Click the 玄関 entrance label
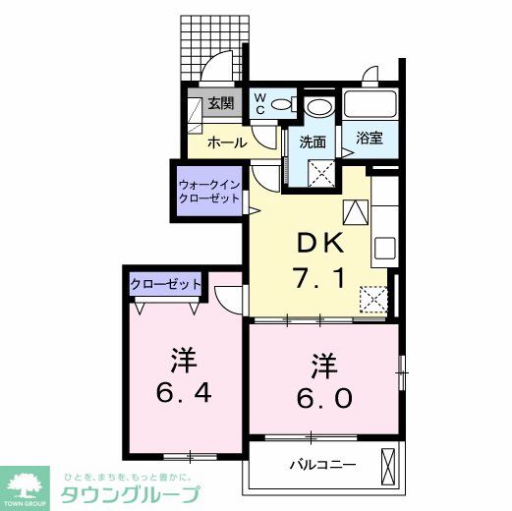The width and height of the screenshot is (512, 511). [x=221, y=103]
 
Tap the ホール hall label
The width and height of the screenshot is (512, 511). [x=226, y=143]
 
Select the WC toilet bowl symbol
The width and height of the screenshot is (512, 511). [x=284, y=104]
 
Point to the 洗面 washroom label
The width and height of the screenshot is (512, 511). [x=313, y=142]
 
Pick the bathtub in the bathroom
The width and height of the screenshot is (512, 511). [x=370, y=105]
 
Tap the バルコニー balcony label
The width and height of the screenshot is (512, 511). [x=321, y=464]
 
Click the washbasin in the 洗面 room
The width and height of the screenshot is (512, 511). [x=317, y=108]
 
